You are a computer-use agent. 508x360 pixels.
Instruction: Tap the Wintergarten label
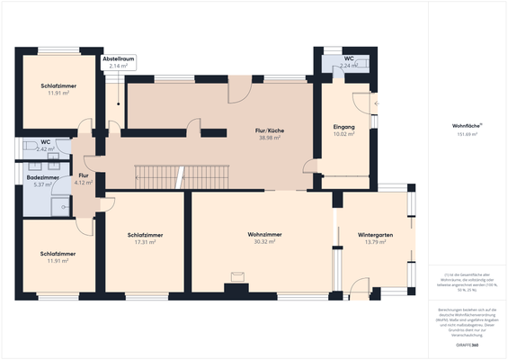click(x=375, y=235)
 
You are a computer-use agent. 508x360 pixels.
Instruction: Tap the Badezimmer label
click(x=42, y=178)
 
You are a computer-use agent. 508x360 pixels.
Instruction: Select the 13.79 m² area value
click(x=375, y=242)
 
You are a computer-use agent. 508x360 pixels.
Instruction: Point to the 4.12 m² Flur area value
click(x=84, y=183)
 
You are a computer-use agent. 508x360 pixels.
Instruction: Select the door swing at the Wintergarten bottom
click(x=361, y=285)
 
